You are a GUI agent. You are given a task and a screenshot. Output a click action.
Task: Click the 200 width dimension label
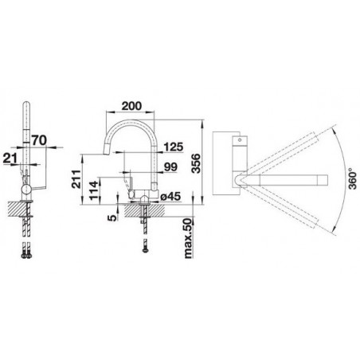click(x=131, y=106)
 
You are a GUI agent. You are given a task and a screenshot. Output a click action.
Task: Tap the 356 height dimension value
click(x=196, y=163)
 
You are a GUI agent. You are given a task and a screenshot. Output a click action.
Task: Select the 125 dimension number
click(x=174, y=147)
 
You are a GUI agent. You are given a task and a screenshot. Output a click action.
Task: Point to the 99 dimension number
click(x=170, y=167)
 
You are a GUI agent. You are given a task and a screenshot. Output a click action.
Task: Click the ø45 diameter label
click(x=170, y=197)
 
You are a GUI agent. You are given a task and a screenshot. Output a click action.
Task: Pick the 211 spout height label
click(x=76, y=179)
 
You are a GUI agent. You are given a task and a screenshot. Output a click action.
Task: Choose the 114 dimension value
click(x=94, y=190)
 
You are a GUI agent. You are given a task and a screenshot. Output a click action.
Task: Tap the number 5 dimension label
click(x=112, y=217)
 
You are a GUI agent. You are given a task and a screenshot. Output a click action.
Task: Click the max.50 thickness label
click(x=188, y=238)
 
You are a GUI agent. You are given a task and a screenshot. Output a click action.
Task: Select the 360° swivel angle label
click(x=353, y=178)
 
